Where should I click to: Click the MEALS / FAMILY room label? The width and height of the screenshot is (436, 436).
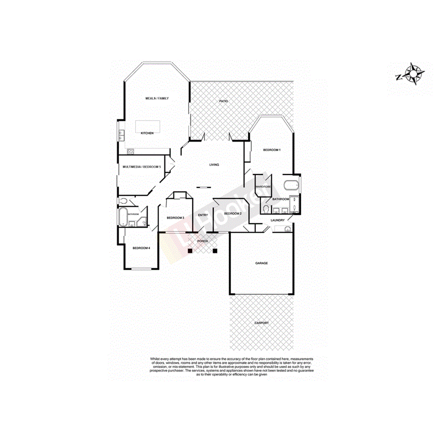(157, 98)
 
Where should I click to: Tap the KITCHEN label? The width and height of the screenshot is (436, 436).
(147, 133)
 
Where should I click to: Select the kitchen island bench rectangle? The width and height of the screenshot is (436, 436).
(147, 126)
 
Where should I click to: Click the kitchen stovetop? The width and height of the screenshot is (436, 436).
(131, 151)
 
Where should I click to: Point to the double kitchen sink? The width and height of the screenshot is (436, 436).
(121, 136)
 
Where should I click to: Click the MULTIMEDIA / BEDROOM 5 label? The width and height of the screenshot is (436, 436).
(142, 167)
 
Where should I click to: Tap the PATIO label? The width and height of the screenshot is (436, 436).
(224, 101)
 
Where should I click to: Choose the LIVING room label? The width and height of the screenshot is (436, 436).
(214, 165)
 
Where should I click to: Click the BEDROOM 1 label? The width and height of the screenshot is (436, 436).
(271, 150)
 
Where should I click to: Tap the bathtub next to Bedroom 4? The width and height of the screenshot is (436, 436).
(123, 218)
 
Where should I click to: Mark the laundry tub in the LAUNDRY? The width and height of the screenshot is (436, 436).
(287, 228)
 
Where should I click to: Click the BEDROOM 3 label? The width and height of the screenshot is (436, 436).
(176, 218)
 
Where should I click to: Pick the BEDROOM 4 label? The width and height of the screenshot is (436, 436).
(141, 248)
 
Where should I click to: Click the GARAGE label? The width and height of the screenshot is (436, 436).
(262, 263)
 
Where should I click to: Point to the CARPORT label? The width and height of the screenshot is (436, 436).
(262, 323)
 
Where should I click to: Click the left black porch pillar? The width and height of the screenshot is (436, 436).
(190, 251)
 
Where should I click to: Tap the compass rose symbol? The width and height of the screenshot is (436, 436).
(414, 73)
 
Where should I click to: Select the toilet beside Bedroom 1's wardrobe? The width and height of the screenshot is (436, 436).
(266, 208)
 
